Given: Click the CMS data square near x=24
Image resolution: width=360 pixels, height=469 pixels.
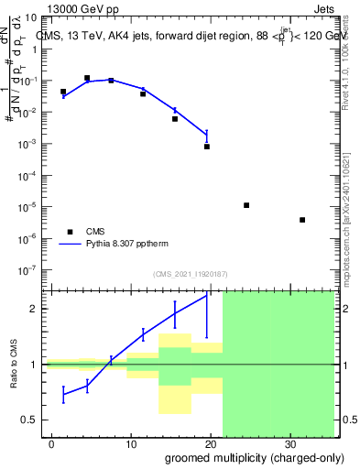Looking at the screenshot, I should (x=246, y=205).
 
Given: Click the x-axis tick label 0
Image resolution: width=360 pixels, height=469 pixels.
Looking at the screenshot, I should (x=52, y=442).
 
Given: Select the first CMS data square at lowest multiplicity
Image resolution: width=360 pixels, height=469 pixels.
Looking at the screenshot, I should (x=63, y=92).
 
